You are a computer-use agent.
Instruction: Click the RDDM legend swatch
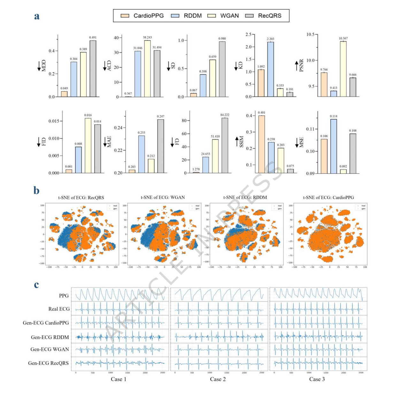175,16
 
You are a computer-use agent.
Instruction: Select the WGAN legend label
229,16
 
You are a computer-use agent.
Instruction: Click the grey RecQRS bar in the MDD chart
93,68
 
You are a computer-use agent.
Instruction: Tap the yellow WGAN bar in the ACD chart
147,68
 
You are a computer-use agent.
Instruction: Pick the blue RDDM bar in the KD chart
271,69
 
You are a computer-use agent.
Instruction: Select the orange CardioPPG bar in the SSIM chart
261,144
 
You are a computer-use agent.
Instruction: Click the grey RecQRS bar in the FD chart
225,145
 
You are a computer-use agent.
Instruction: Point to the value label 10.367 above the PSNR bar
343,38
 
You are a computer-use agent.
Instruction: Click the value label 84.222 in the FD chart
225,115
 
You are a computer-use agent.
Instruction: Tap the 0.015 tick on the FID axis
53,121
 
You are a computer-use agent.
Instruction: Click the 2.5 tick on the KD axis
248,35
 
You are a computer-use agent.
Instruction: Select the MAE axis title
109,142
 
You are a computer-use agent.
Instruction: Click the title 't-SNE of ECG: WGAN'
163,197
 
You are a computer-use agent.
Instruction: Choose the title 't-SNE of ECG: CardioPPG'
328,197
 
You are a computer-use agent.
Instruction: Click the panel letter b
36,190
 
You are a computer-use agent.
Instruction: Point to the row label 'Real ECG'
59,309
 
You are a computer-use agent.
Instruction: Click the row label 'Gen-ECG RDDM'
50,337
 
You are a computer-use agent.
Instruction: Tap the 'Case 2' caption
218,379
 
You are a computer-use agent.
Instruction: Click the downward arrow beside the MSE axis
297,143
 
